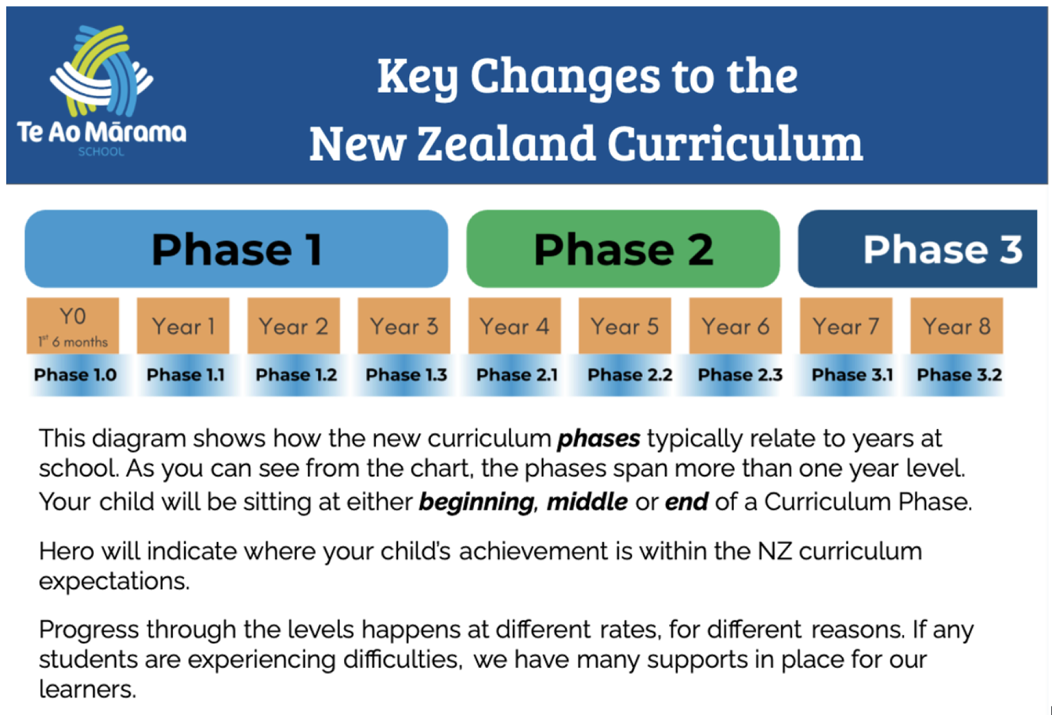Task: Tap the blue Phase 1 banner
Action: [x=236, y=249]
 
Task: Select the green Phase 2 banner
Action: [x=623, y=249]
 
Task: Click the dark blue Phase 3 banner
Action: [x=917, y=249]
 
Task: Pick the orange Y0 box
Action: [x=73, y=325]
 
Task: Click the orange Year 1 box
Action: [x=183, y=325]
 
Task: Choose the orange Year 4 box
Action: [x=514, y=325]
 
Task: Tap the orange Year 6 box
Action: [x=735, y=325]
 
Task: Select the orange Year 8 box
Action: [x=956, y=325]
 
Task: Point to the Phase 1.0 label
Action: [x=75, y=375]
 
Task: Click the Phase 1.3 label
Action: [x=406, y=375]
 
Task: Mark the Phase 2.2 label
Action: [x=630, y=375]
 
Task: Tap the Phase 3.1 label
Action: [x=852, y=375]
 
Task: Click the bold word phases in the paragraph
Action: [x=599, y=439]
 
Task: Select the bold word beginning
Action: [x=477, y=502]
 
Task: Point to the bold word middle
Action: [x=587, y=501]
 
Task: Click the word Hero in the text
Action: [x=67, y=551]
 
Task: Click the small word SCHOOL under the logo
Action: [x=101, y=152]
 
